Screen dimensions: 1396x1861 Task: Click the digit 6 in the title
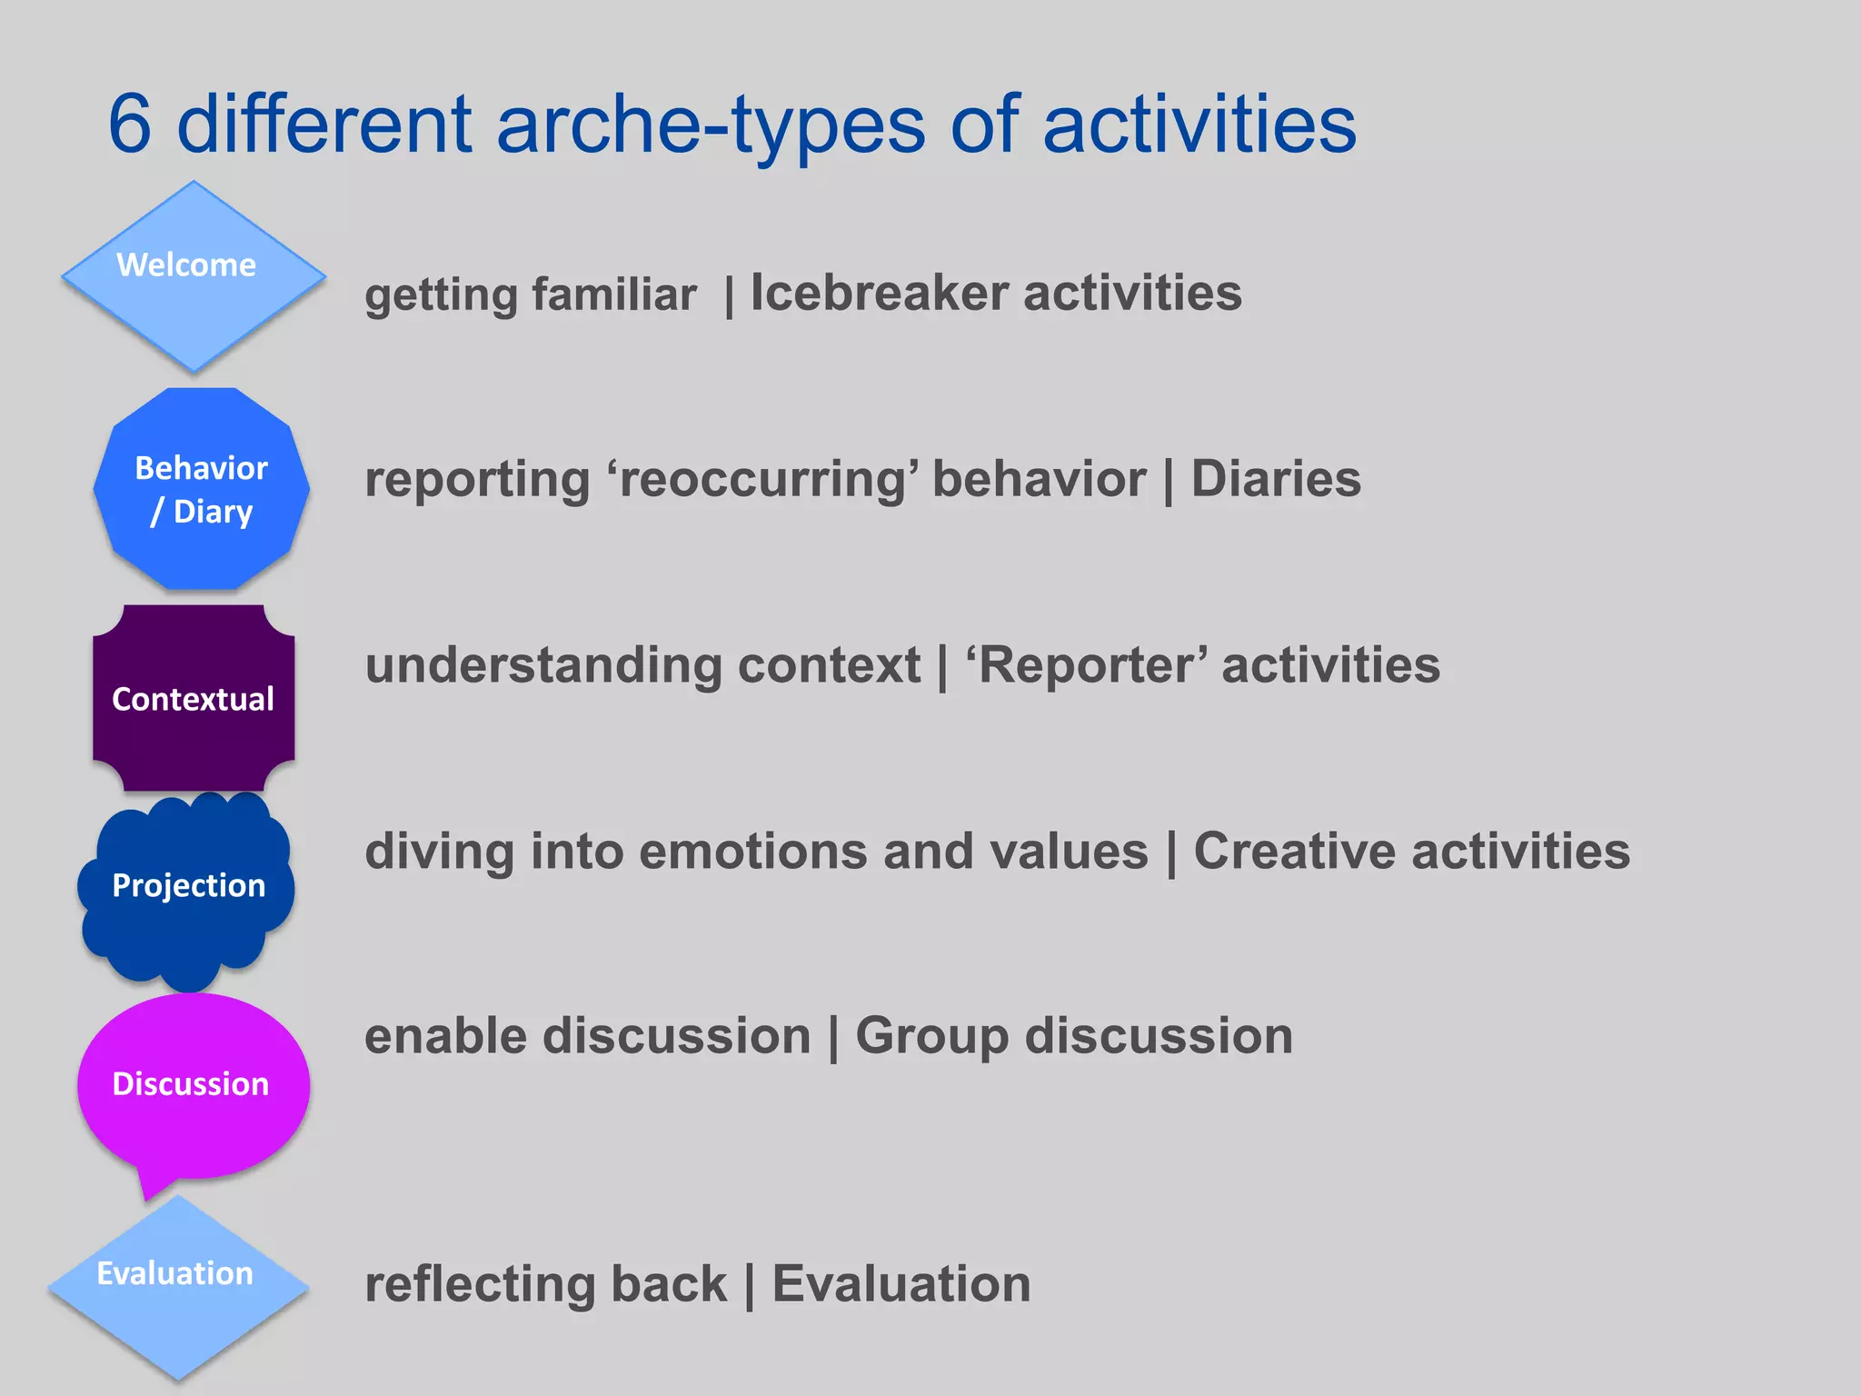[130, 125]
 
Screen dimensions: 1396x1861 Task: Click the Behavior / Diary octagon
[202, 489]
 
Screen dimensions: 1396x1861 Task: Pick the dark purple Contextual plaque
[194, 698]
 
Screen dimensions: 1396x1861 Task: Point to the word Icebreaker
[879, 294]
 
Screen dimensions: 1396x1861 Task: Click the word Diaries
[1276, 479]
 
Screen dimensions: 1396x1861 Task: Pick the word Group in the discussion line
[931, 1037]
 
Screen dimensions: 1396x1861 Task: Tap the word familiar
[614, 294]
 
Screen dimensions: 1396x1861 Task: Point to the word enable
[445, 1037]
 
